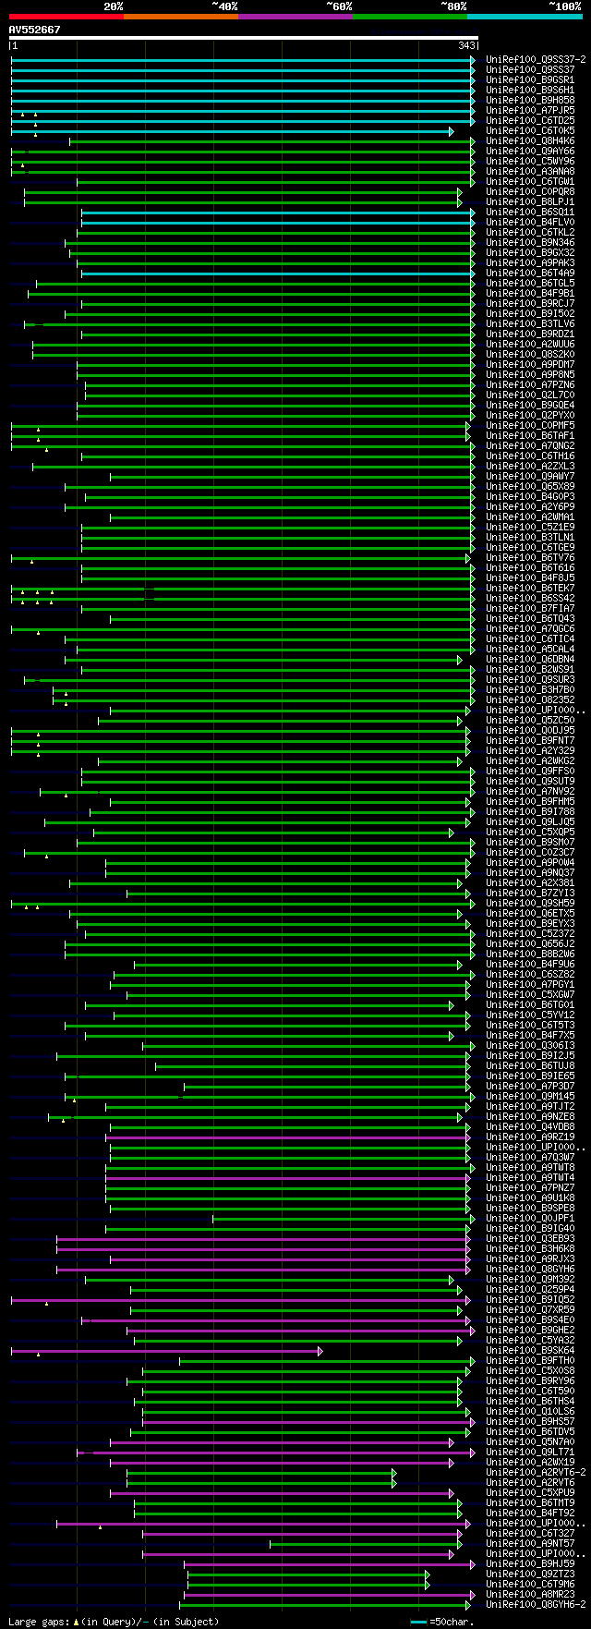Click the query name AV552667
coord(35,30)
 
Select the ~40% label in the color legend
coord(224,6)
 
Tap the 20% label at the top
coord(113,6)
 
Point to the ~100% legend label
coord(564,6)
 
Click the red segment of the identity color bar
coord(66,16)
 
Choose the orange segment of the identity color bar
coord(180,16)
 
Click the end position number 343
coord(465,45)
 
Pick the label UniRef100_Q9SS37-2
coord(536,59)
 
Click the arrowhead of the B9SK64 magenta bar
coord(320,1351)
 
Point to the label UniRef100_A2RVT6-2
coord(536,1472)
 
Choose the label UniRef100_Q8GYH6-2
coord(536,1604)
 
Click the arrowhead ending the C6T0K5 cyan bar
coord(452,131)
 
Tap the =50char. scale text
coord(452,1622)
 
